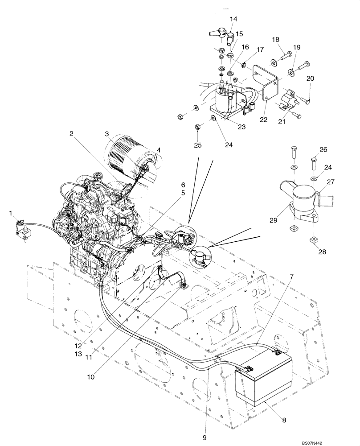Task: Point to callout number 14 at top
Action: pyautogui.click(x=234, y=19)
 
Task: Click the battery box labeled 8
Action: pyautogui.click(x=263, y=379)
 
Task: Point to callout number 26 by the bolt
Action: pyautogui.click(x=323, y=149)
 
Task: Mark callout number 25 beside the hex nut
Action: pyautogui.click(x=197, y=146)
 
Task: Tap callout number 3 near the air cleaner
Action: pyautogui.click(x=107, y=133)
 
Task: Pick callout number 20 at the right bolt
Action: pyautogui.click(x=310, y=78)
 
